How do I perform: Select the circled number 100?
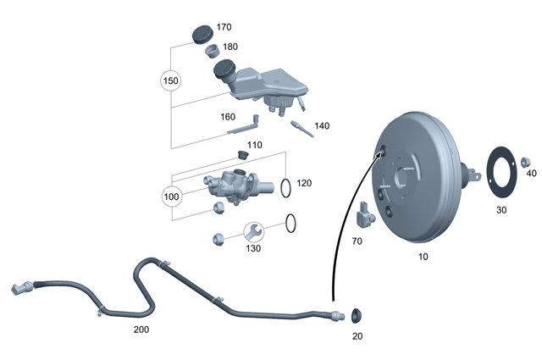click(x=172, y=197)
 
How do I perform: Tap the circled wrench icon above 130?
click(x=253, y=230)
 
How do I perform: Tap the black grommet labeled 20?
click(x=356, y=316)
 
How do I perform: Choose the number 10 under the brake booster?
click(x=423, y=255)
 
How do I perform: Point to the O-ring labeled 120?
click(x=287, y=186)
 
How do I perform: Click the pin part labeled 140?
click(x=299, y=127)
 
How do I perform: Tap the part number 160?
click(x=228, y=118)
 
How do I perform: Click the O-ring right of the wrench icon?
click(x=290, y=224)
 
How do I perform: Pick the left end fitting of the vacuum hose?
click(x=20, y=287)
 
